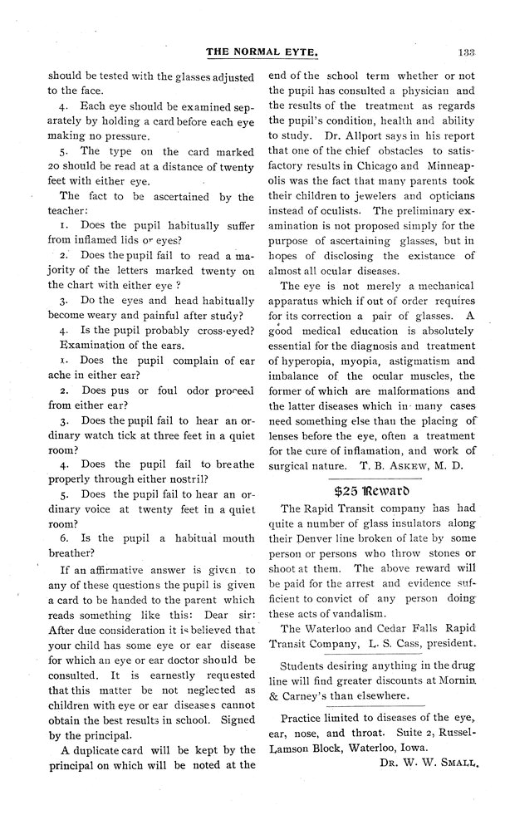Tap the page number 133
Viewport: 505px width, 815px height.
(x=465, y=52)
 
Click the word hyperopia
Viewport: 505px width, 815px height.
(x=308, y=361)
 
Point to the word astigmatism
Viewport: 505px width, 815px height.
(x=409, y=361)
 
